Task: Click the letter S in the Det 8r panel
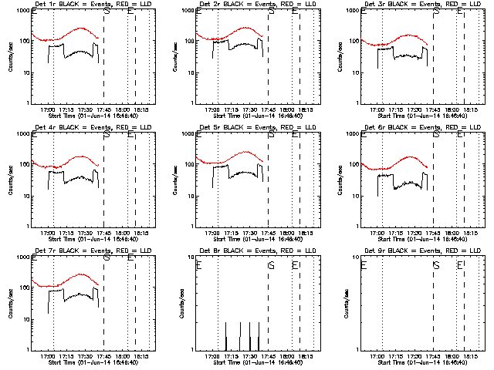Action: tap(271, 265)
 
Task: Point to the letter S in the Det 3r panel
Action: tap(436, 12)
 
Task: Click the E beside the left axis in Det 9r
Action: tap(364, 265)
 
